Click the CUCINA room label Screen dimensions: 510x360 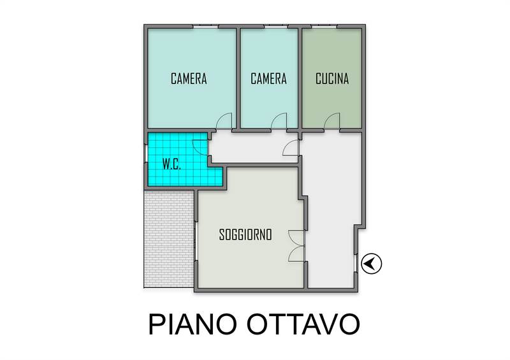(332, 78)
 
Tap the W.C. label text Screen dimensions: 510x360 (171, 165)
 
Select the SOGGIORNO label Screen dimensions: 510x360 (245, 234)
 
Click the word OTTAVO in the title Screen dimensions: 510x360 (303, 324)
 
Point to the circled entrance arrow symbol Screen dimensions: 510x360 (372, 263)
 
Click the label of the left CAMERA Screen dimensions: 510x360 (189, 79)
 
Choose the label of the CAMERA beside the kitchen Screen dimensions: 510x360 (268, 79)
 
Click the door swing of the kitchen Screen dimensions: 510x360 (331, 120)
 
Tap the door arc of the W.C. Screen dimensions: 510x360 (200, 147)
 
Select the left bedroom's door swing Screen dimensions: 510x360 (224, 120)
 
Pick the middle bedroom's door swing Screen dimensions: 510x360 (279, 120)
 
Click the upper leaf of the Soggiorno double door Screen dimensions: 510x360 (296, 238)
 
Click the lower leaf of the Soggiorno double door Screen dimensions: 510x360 (296, 254)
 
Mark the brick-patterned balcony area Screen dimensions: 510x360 (169, 239)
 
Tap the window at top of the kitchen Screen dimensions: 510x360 (324, 26)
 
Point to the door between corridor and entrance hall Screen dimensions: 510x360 (291, 147)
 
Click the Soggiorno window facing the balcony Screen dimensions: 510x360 (196, 241)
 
